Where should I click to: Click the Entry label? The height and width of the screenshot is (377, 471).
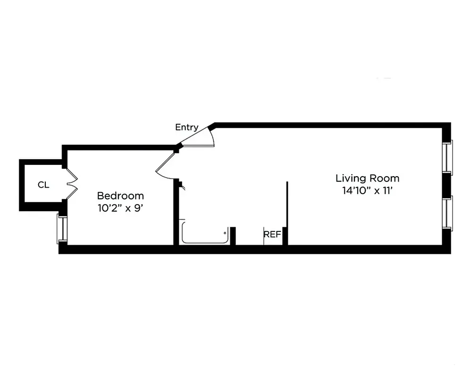(x=186, y=127)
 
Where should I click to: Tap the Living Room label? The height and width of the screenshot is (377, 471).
(x=367, y=178)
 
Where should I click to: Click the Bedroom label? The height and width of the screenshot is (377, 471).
(x=120, y=196)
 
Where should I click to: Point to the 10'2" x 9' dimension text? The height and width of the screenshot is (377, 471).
(x=120, y=208)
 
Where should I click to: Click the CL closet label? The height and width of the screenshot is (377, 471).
(x=43, y=185)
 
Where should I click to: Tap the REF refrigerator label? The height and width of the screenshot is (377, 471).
(x=272, y=234)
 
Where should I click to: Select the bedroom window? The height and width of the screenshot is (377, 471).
(x=61, y=229)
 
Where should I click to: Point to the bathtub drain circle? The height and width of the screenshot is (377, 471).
(x=225, y=232)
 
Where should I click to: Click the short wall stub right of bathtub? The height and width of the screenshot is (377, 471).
(x=233, y=236)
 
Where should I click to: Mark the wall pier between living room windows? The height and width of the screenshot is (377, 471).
(x=446, y=185)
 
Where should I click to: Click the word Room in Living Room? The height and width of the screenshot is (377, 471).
(x=385, y=178)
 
